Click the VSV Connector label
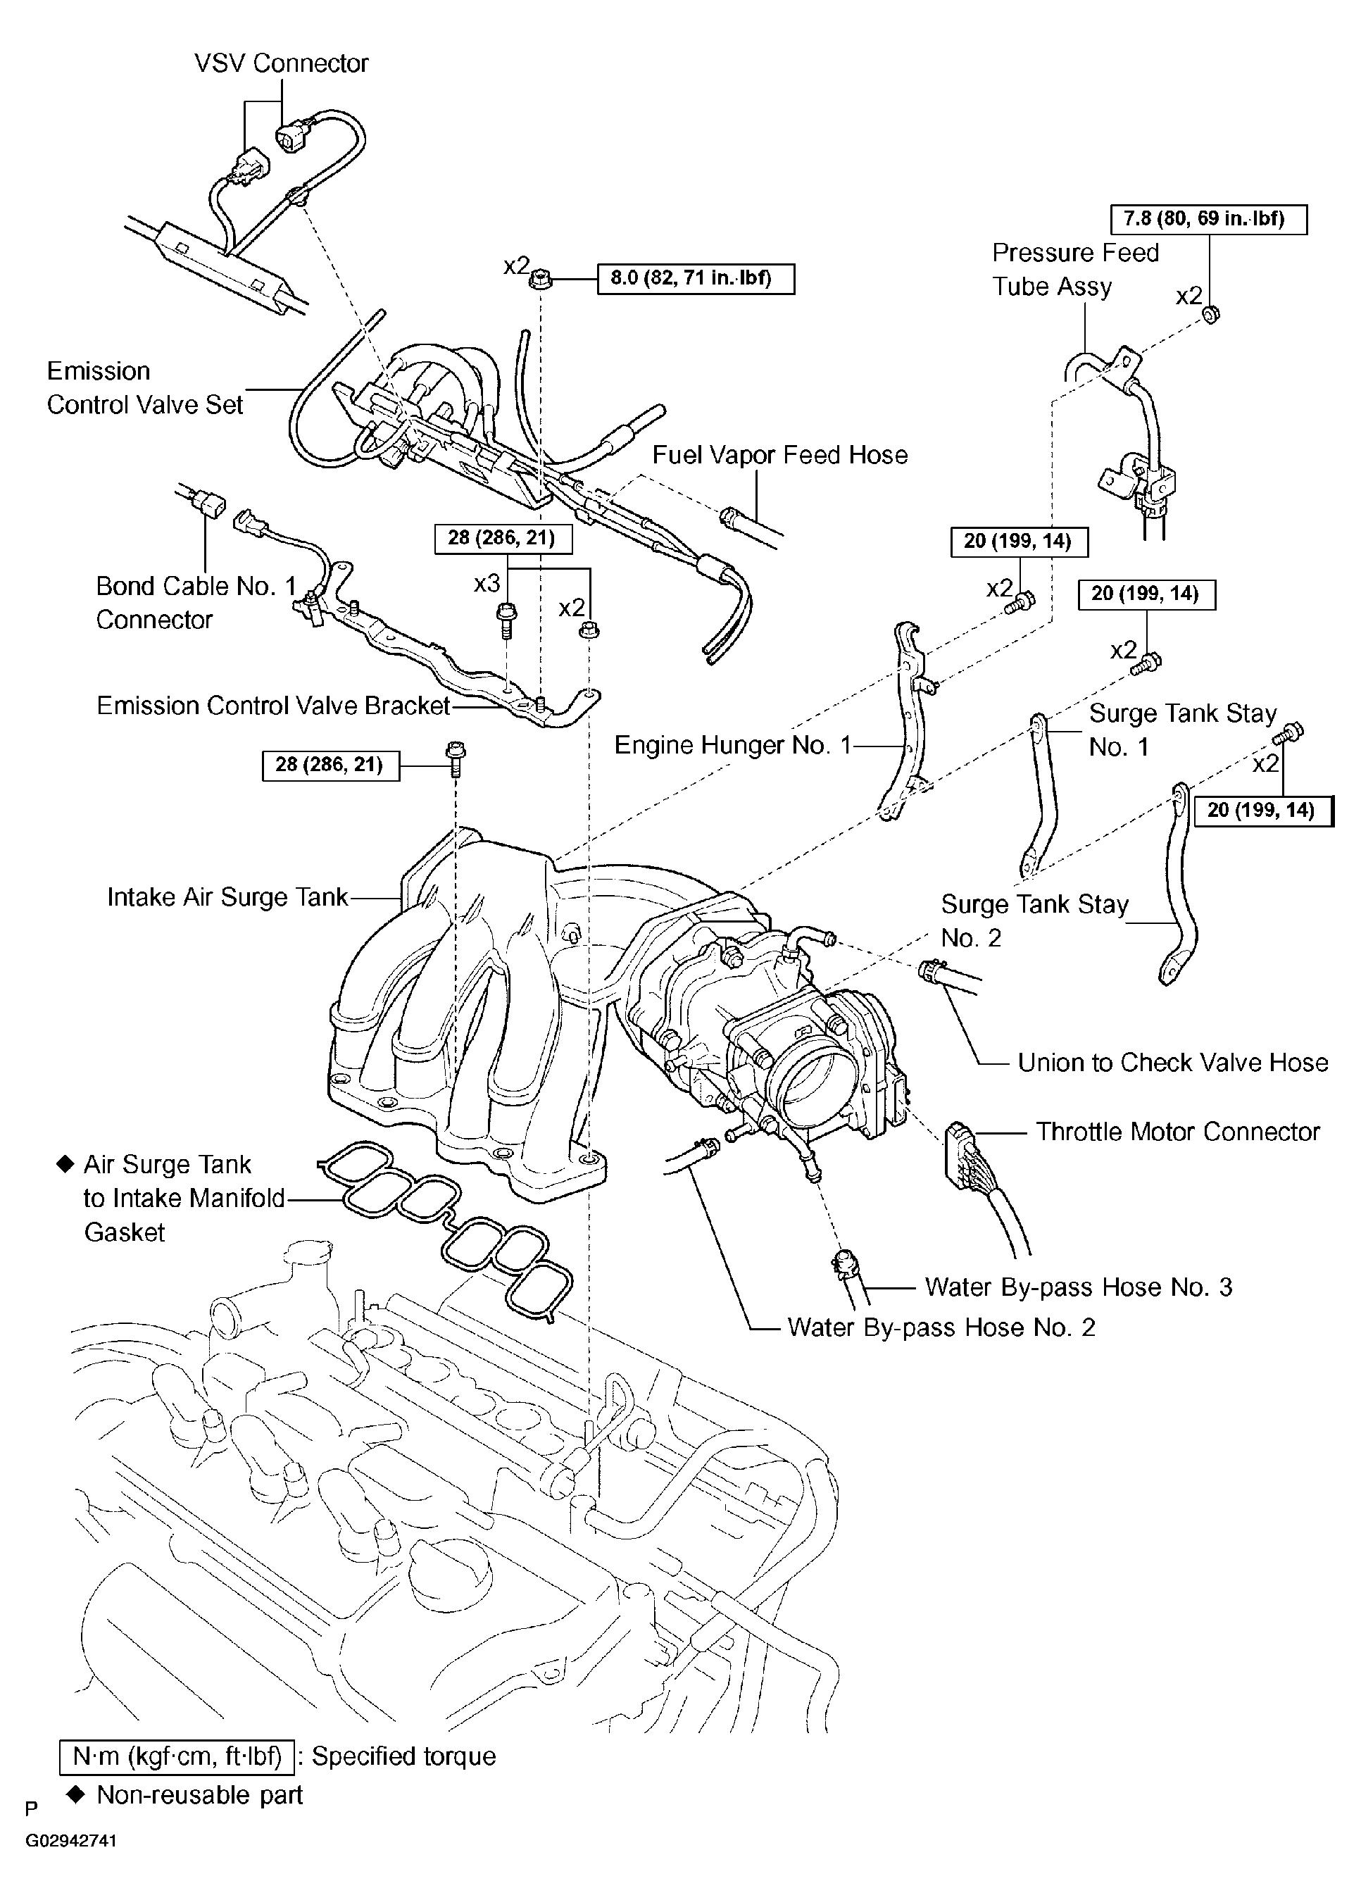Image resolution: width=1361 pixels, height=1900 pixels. click(282, 63)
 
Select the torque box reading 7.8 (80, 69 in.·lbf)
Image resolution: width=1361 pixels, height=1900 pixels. click(1209, 220)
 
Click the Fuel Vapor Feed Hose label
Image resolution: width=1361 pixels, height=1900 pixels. click(779, 455)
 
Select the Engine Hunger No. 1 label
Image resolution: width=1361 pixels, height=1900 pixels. click(732, 745)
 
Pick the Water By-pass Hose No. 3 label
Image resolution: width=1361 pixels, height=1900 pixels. click(1078, 1287)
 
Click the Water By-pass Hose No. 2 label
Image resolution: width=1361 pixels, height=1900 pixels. click(941, 1327)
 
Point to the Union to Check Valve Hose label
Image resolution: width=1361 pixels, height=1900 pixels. click(1172, 1062)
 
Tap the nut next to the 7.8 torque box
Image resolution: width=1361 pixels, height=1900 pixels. click(1210, 315)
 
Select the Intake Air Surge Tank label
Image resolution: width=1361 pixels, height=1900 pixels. click(227, 897)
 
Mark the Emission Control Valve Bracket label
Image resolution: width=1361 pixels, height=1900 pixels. click(273, 706)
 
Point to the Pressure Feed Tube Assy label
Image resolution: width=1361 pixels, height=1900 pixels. click(1074, 270)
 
